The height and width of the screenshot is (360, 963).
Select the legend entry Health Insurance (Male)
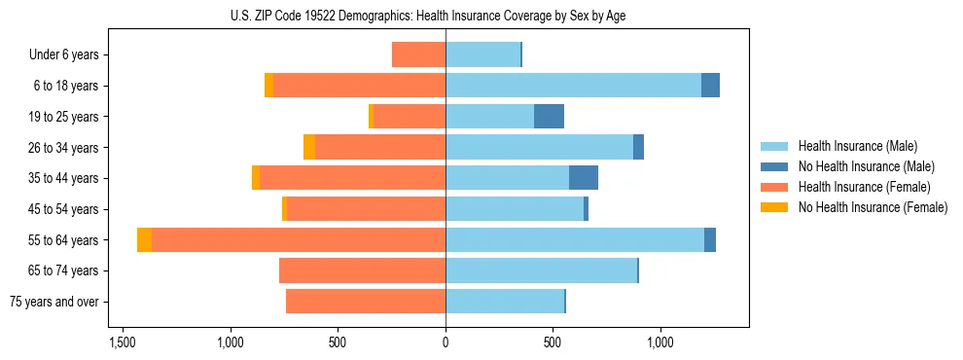(x=857, y=146)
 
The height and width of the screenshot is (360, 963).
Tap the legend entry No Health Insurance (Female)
(x=873, y=207)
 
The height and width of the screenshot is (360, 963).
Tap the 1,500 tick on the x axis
(x=123, y=342)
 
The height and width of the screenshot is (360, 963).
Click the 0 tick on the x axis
(x=446, y=342)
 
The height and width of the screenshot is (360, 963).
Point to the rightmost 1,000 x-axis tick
(x=660, y=342)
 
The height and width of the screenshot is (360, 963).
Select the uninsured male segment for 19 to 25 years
(x=549, y=117)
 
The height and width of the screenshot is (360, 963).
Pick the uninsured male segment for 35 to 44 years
(x=583, y=178)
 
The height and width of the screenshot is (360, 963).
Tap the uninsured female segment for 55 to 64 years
(x=144, y=240)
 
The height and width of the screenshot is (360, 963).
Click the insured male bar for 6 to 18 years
(x=573, y=86)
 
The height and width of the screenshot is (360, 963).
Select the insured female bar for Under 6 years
(x=418, y=55)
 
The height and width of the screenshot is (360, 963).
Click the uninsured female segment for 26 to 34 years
(x=309, y=147)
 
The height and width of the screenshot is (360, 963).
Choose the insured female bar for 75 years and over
(x=366, y=302)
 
